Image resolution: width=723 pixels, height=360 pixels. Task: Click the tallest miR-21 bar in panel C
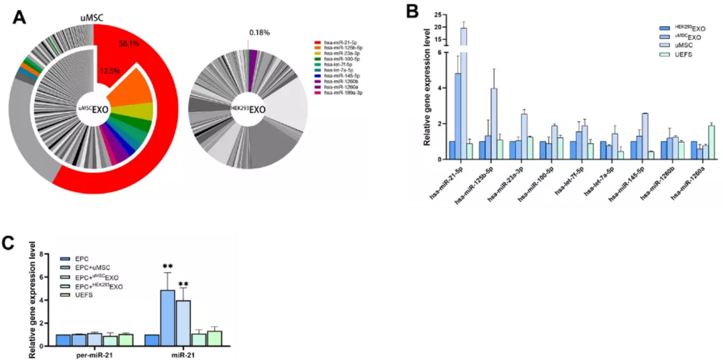[x=167, y=318]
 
